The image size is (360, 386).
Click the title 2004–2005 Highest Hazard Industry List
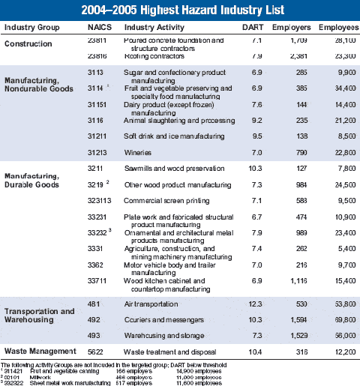coord(180,10)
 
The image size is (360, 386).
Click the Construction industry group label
coord(28,44)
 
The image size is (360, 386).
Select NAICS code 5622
coord(97,351)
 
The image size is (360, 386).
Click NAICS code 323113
coord(100,201)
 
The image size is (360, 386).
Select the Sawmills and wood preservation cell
coord(166,169)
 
